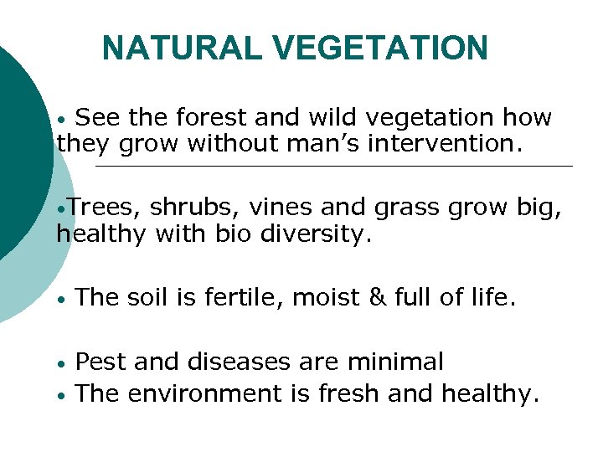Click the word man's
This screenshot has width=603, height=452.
(x=324, y=144)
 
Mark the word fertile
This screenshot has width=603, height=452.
(x=245, y=297)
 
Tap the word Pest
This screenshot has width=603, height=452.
(x=101, y=362)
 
